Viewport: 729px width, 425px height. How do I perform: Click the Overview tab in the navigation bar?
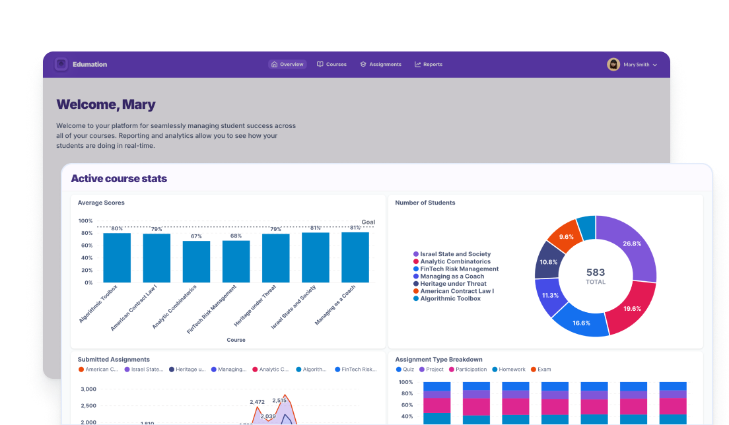[288, 65]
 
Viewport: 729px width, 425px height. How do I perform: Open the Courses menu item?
[331, 65]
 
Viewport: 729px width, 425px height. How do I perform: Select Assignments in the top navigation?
[380, 65]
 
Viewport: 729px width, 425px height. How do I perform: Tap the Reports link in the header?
[429, 65]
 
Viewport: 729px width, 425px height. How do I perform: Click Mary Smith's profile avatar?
[613, 65]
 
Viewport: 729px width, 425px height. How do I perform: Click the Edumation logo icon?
[61, 64]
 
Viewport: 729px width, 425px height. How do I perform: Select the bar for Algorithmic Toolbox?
[117, 257]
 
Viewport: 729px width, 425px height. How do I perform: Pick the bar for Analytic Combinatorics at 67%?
[196, 261]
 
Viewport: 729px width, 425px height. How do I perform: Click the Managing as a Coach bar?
[355, 257]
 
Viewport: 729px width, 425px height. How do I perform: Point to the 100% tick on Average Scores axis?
[85, 221]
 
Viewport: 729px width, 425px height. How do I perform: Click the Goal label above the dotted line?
[368, 222]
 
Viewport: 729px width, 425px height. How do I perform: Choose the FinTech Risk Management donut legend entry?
[459, 269]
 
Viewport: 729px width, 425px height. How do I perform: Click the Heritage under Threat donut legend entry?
[453, 284]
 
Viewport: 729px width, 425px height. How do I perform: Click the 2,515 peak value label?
[279, 401]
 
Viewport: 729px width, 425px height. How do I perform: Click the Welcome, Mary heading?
[106, 104]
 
